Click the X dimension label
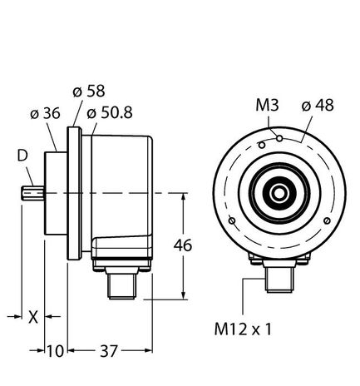[x=32, y=317]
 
